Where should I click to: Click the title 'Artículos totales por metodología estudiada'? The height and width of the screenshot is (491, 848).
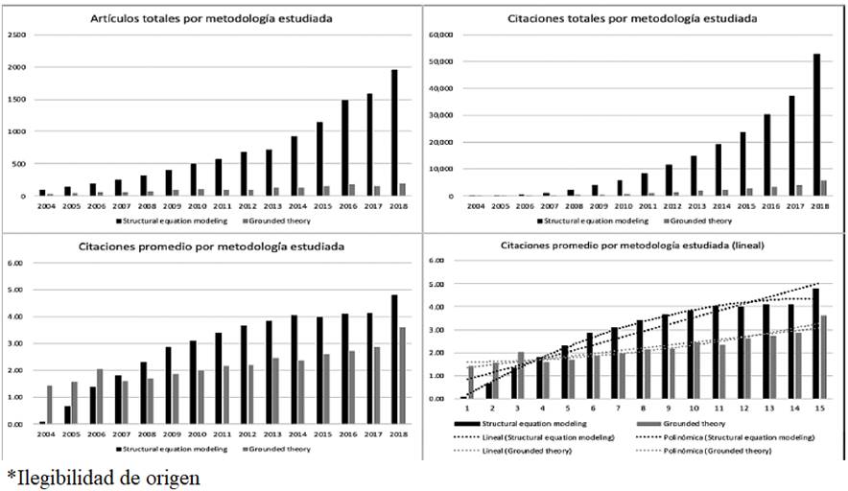(x=216, y=18)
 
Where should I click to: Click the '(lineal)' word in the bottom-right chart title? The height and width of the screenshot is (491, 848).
(x=742, y=245)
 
